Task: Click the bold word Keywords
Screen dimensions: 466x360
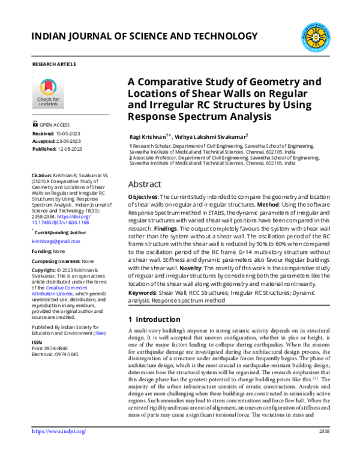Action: click(143, 292)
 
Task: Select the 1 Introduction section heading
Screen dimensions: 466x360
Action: click(154, 319)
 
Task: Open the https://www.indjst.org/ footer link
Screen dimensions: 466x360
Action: click(58, 448)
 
